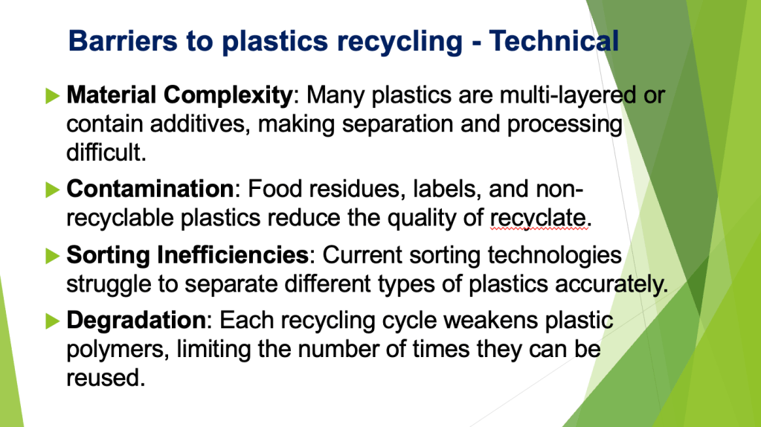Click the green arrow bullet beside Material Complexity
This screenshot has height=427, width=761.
tap(51, 95)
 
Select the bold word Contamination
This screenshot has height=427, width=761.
tap(150, 189)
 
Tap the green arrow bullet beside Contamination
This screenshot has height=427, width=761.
tap(51, 189)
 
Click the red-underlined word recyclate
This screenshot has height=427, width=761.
tap(539, 218)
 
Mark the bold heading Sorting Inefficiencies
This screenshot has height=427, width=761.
tap(187, 255)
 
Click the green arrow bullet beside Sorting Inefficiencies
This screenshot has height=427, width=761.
tap(51, 255)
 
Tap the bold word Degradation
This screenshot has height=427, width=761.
tap(135, 321)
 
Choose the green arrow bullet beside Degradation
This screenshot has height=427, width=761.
tap(51, 321)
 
